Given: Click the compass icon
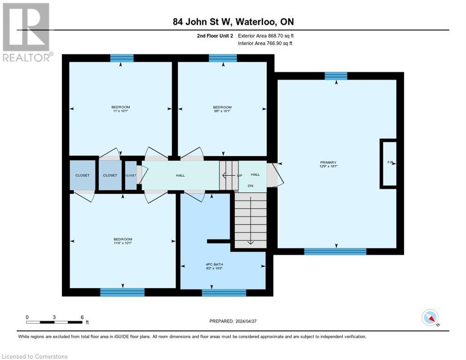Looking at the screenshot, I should coord(430,317).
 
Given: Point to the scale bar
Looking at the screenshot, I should coord(54,322).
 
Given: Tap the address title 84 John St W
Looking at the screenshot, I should coord(233,22).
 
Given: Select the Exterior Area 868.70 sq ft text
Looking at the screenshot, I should coord(266,36).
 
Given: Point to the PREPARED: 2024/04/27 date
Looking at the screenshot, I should coord(233,321).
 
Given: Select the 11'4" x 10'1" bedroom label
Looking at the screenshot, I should coord(123,241).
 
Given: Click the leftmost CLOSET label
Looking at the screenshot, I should coord(83,175).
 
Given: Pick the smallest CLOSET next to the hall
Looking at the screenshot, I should coord(131,175).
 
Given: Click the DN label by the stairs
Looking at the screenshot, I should coord(250,185).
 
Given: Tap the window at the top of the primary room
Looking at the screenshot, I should coord(336,76).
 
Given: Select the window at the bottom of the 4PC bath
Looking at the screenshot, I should coord(224,292).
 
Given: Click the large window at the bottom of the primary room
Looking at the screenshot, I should coord(335,251).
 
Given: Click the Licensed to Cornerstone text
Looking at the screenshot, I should coord(35,357).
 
